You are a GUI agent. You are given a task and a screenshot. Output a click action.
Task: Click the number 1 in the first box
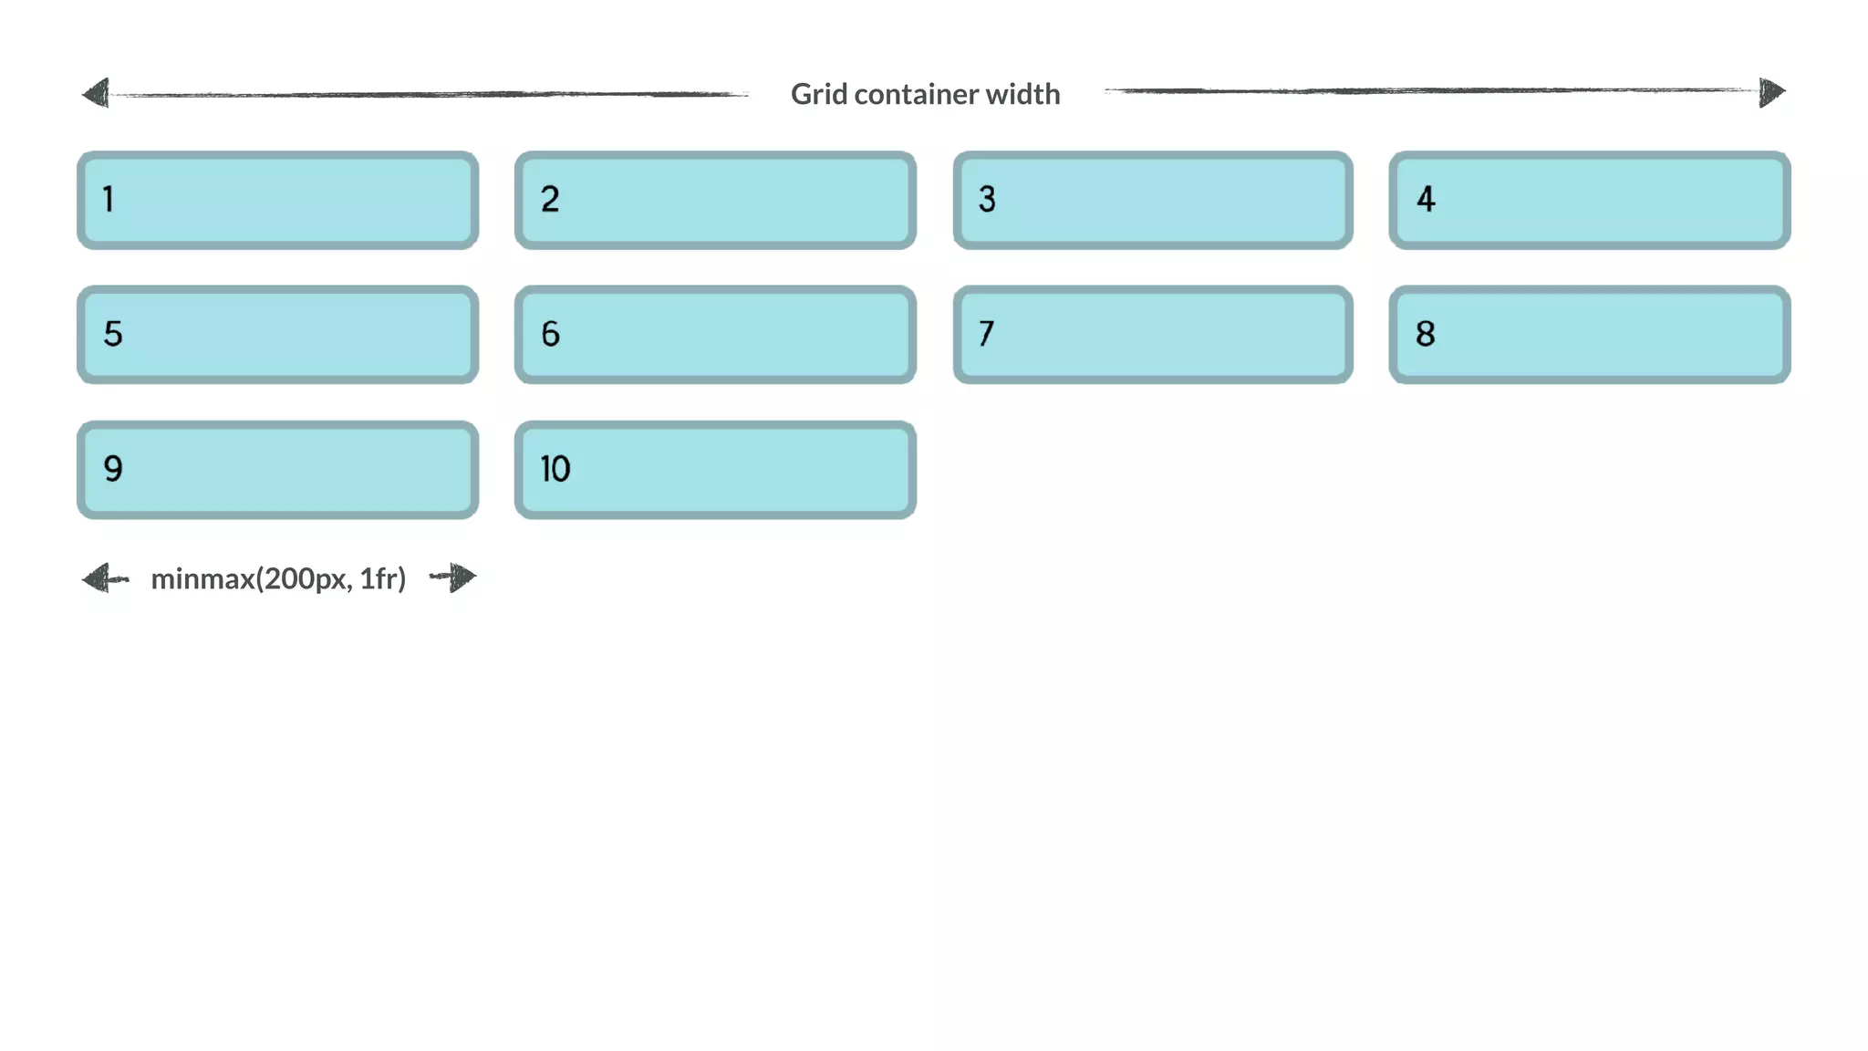coord(109,199)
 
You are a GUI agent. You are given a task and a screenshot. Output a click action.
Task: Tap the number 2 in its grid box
coord(549,199)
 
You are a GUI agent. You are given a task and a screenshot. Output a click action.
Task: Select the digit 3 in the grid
coord(987,199)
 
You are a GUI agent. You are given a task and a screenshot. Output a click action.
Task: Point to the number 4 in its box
coord(1426,199)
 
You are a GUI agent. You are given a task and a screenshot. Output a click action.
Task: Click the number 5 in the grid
coord(112,334)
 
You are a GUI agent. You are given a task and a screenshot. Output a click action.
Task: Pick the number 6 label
coord(550,334)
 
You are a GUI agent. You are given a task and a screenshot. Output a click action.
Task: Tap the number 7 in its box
coord(986,334)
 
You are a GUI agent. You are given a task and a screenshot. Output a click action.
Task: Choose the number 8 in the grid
coord(1425,334)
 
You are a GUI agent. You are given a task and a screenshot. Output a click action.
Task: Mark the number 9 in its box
coord(112,469)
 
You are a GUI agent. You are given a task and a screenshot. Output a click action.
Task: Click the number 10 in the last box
coord(555,469)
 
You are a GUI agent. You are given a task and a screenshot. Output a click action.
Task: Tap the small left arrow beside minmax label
coord(101,578)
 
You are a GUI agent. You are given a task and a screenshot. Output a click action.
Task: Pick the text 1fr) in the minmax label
coord(382,578)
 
